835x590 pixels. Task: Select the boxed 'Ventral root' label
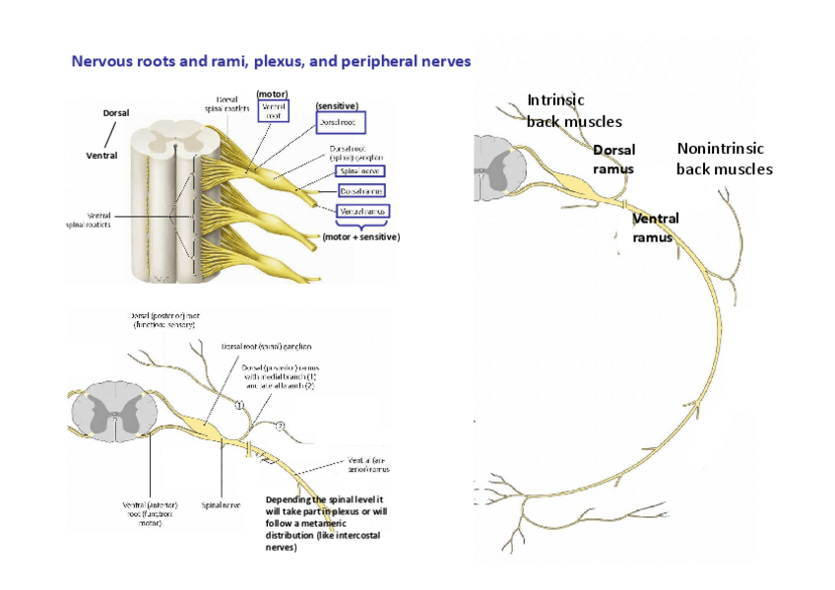click(273, 110)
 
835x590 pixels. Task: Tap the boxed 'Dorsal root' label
click(339, 123)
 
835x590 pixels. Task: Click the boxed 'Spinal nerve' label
click(358, 170)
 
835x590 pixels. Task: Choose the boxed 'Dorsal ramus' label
click(362, 190)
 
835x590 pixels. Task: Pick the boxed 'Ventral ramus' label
click(363, 212)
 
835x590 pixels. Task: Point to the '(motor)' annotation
click(272, 94)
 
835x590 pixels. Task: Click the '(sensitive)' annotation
click(337, 105)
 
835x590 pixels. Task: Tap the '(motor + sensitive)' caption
click(360, 236)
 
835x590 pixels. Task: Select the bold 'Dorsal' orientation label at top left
click(116, 113)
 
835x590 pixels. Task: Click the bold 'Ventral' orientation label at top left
click(101, 156)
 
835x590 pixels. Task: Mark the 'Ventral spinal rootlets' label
click(85, 219)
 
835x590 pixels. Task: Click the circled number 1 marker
click(239, 405)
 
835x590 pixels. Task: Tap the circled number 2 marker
click(281, 426)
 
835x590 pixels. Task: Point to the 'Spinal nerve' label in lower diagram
click(221, 504)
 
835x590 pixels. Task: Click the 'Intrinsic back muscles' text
click(573, 110)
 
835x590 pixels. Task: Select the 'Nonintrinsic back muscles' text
click(724, 159)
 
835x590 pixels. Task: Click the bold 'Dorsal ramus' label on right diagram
click(613, 159)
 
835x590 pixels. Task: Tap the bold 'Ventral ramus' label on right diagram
click(655, 228)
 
